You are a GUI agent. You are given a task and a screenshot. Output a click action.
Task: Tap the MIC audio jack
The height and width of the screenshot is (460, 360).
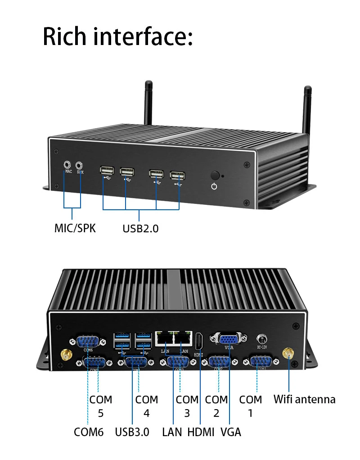coord(68,165)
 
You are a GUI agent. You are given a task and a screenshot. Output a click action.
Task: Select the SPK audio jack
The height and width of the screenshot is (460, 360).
coord(80,165)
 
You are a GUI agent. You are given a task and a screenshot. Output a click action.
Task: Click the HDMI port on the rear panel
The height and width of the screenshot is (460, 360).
coord(199,343)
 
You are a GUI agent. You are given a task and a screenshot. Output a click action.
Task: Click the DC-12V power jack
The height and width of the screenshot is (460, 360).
coord(261,338)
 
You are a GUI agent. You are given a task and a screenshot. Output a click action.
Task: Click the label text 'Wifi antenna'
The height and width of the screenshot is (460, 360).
coord(305,399)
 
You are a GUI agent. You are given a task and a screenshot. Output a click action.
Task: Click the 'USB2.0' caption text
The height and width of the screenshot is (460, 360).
coord(140,229)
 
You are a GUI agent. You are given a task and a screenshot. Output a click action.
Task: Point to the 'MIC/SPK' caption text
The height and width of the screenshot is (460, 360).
coord(75,228)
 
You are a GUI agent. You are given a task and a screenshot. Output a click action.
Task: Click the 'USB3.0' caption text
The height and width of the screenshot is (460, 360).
coord(132,432)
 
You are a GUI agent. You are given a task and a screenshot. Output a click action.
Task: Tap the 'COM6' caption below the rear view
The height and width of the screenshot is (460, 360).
coord(89,432)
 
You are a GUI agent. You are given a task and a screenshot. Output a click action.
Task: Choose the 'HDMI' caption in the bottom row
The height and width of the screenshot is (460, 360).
coord(201,432)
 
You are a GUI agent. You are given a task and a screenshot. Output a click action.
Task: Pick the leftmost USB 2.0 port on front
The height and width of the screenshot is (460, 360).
coord(107,172)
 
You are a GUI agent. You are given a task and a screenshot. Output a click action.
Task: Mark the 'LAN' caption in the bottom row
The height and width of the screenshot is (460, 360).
coord(172,432)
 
